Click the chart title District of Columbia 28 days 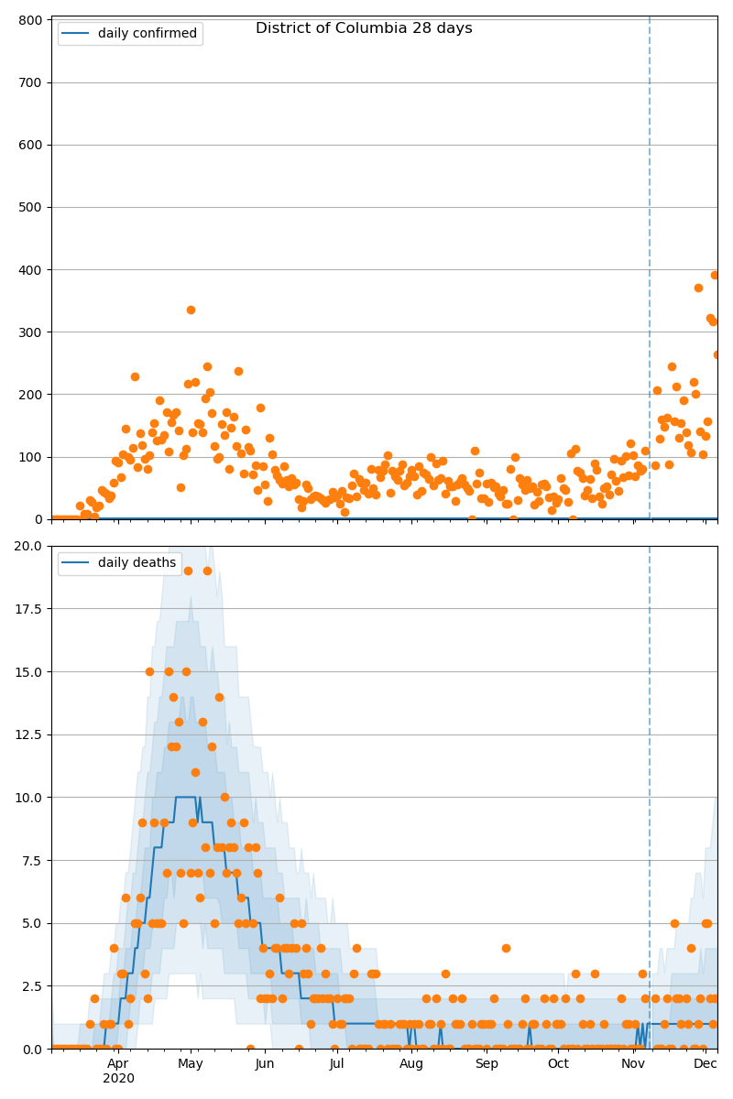coord(364,28)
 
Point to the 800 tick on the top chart coord(31,20)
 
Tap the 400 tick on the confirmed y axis coord(31,269)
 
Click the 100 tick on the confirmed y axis coord(31,457)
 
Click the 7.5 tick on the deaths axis coord(30,860)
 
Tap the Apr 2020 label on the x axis coord(118,1071)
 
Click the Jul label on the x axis coord(337,1063)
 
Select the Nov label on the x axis coord(633,1063)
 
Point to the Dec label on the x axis coord(706,1063)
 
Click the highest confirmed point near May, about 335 coord(191,310)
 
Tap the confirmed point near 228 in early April coord(135,376)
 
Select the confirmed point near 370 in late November coord(698,288)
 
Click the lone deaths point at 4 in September coord(506,948)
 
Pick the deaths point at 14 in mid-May coord(219,697)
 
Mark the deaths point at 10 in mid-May coord(224,797)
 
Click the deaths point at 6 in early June coord(279,898)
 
